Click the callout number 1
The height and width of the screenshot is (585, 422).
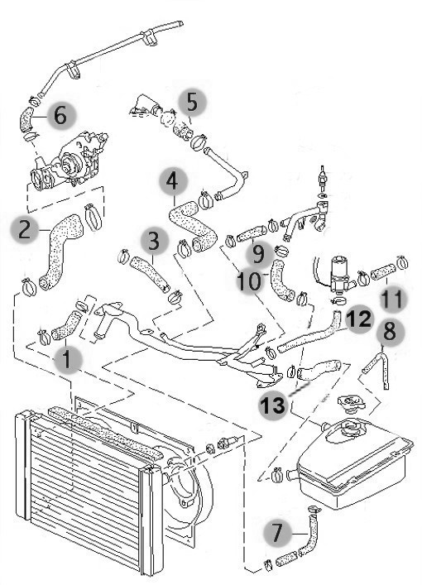67,360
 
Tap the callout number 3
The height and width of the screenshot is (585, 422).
154,242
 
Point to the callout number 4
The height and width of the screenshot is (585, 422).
172,182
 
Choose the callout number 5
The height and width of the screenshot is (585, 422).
192,102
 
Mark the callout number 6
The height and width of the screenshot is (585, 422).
60,115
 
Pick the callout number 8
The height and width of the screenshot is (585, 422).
389,331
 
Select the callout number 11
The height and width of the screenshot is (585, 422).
393,300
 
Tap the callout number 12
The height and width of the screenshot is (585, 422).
359,319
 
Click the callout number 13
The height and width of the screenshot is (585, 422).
274,405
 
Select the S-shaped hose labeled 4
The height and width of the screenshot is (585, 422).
194,226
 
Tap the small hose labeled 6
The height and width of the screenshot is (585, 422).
26,118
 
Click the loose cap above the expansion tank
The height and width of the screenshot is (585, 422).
351,404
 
